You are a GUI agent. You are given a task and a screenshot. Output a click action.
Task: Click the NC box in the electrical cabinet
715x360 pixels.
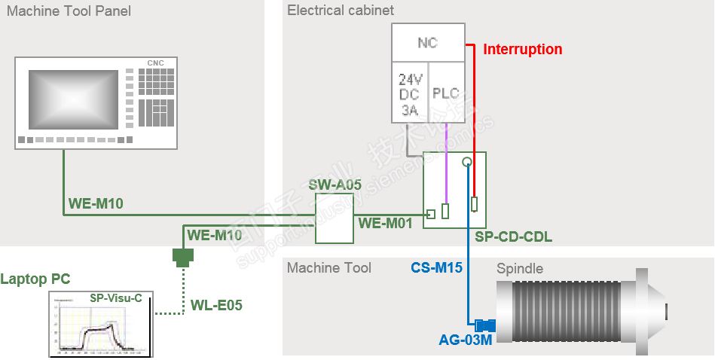click(x=428, y=43)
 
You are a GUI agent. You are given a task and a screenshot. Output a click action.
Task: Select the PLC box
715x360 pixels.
click(x=445, y=93)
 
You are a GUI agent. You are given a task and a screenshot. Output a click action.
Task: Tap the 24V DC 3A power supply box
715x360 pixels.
click(x=410, y=93)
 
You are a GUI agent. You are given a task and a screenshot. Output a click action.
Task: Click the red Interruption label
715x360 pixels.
click(x=522, y=50)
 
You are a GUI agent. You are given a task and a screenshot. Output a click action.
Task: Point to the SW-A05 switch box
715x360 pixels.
click(x=334, y=218)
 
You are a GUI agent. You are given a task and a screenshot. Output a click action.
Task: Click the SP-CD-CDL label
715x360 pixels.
click(x=514, y=236)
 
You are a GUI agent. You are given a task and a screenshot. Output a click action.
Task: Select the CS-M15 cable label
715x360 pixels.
click(x=436, y=267)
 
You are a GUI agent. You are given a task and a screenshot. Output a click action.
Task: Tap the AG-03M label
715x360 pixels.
click(x=465, y=340)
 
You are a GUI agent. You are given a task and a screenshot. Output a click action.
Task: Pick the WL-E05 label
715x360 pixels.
click(x=216, y=305)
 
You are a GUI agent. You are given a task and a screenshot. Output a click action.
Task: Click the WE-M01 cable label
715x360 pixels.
click(x=385, y=223)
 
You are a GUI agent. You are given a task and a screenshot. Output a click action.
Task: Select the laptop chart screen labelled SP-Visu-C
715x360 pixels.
click(x=100, y=325)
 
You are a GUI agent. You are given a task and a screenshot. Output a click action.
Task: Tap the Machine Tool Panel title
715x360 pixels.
click(x=69, y=11)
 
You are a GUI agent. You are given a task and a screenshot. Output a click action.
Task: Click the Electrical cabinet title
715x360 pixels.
click(x=341, y=11)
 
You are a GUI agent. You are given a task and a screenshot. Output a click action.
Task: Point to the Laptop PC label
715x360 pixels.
click(x=35, y=279)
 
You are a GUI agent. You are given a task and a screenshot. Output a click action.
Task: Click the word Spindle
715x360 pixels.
click(x=519, y=269)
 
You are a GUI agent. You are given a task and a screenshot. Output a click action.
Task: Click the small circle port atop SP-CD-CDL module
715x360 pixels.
click(x=467, y=161)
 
